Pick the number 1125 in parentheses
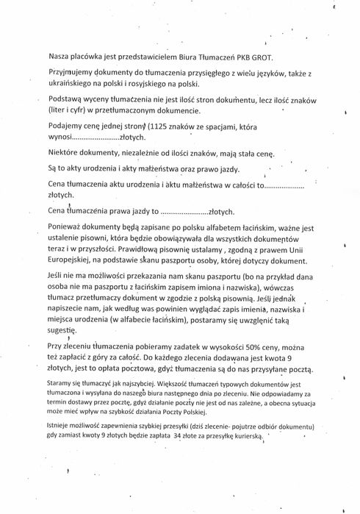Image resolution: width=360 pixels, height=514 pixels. click(x=159, y=126)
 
